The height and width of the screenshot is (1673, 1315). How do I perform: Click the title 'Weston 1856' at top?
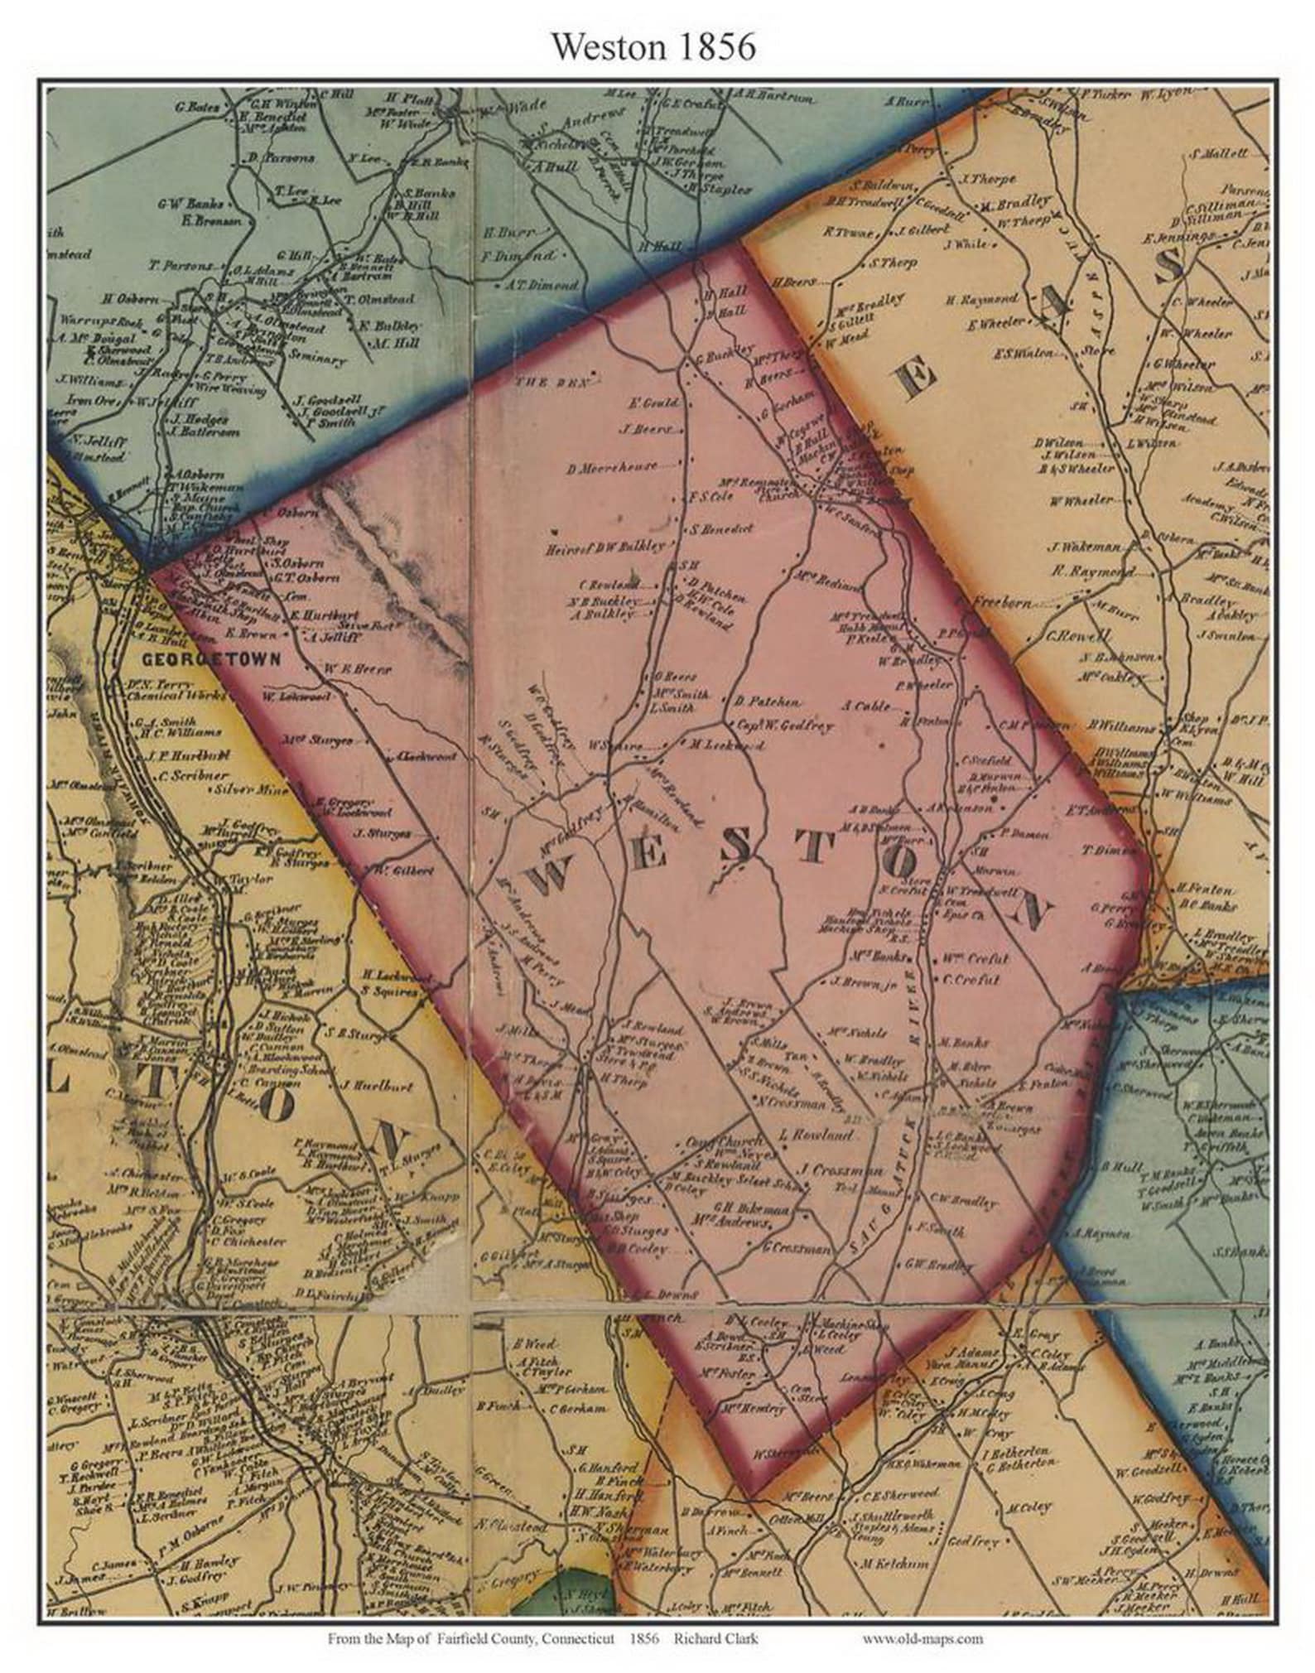coord(653,48)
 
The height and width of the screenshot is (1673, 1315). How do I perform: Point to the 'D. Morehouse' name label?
coord(612,467)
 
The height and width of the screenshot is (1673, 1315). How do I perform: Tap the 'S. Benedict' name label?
coord(720,528)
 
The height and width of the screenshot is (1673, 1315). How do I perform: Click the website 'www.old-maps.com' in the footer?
coord(923,1637)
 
